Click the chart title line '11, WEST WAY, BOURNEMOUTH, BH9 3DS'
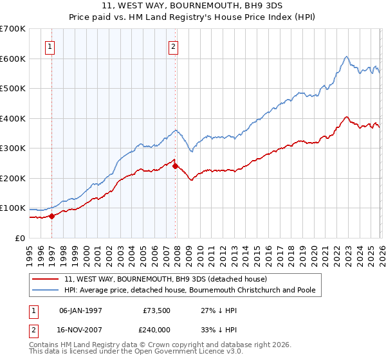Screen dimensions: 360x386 [x=192, y=8]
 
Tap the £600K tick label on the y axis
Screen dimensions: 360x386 [x=12, y=59]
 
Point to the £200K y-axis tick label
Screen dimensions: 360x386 [x=12, y=178]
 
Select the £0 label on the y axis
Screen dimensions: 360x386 [x=19, y=238]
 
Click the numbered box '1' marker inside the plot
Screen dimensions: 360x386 [x=50, y=46]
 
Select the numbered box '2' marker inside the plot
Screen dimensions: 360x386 [x=174, y=46]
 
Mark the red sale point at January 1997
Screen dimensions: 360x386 [x=52, y=216]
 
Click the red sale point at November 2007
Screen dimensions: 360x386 [x=175, y=166]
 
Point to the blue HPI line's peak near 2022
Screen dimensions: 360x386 [x=346, y=57]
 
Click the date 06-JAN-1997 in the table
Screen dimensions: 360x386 [x=80, y=310]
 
